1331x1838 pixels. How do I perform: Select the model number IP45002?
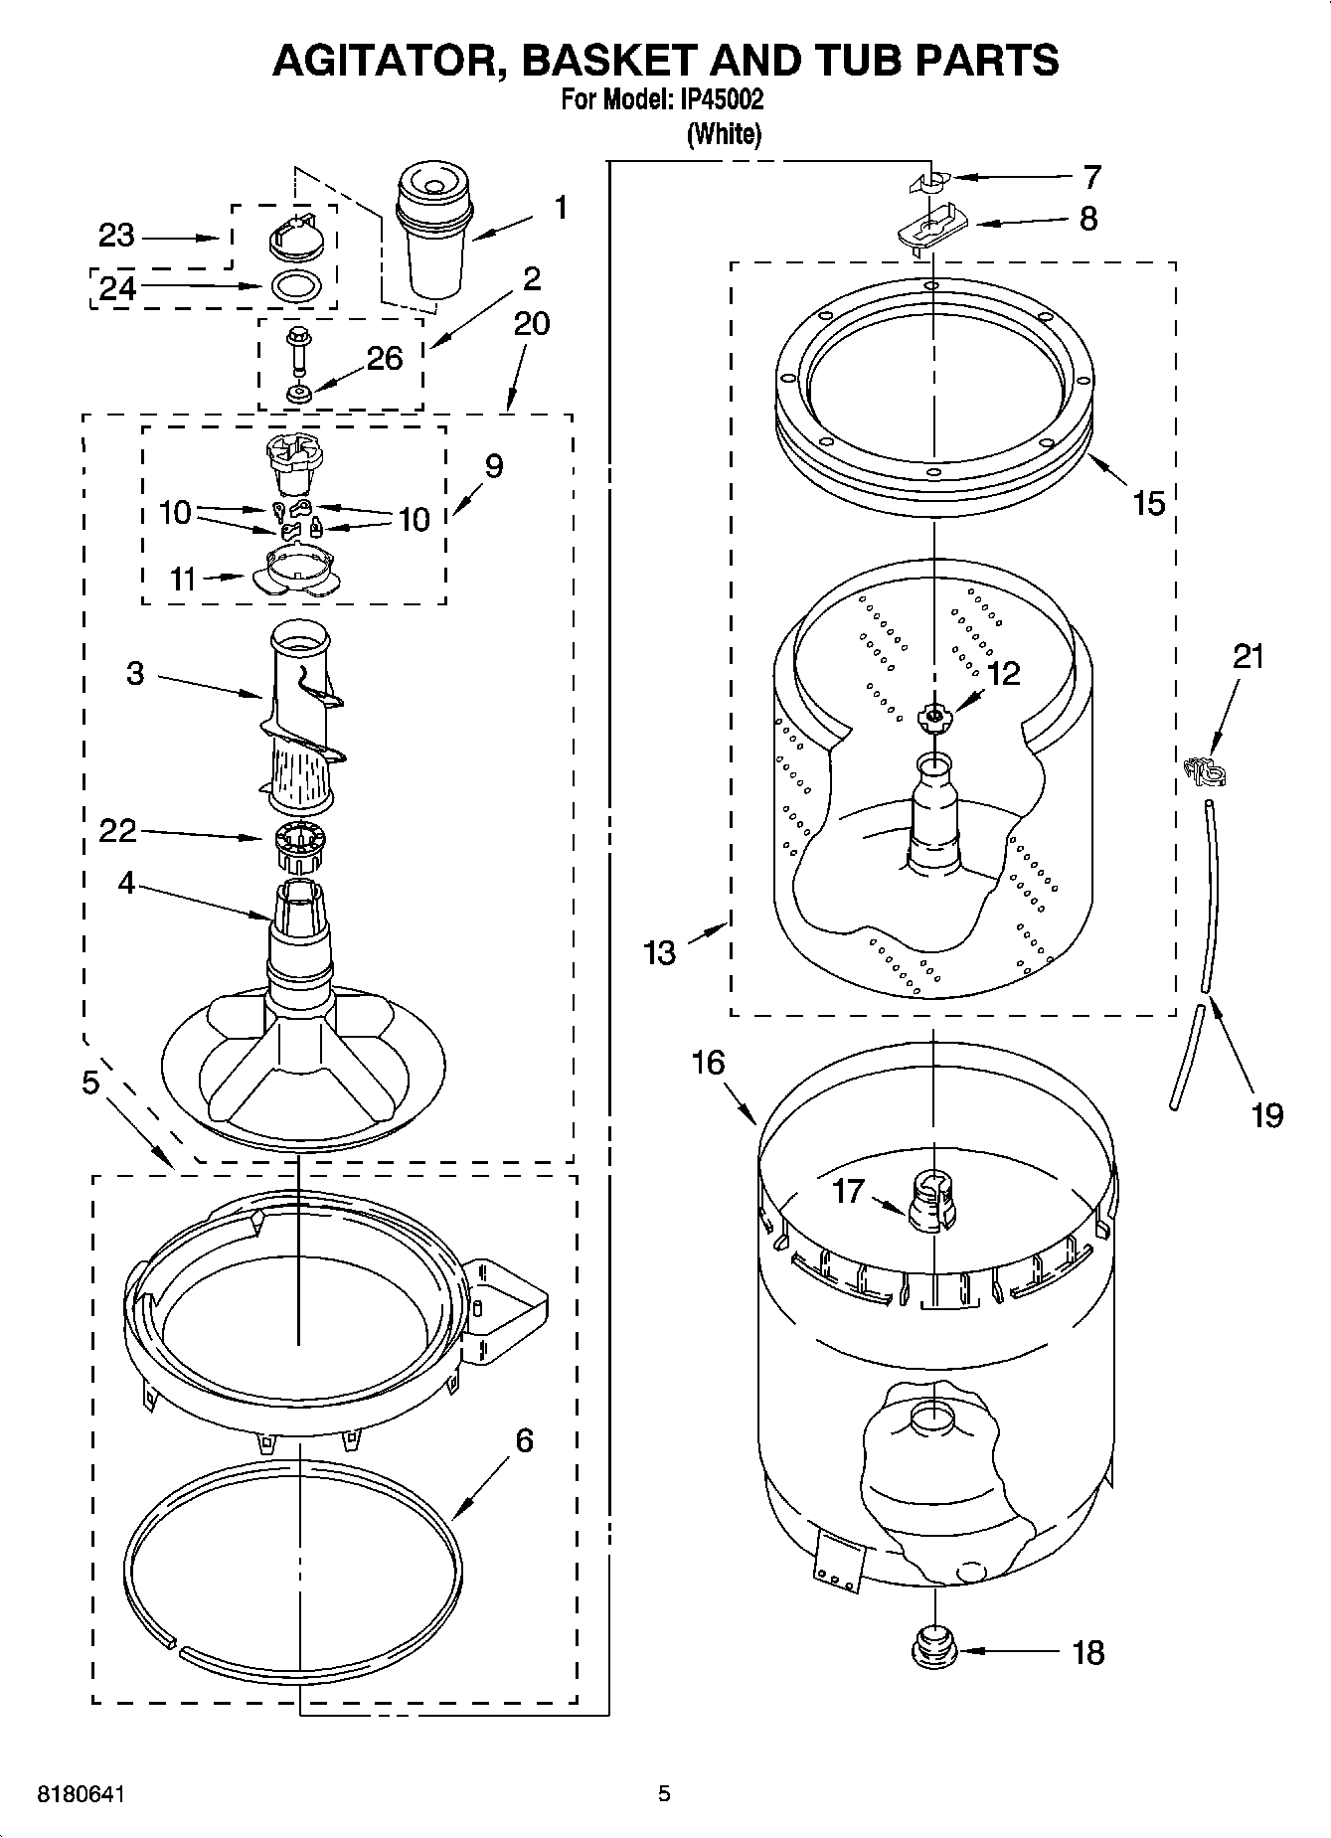click(721, 100)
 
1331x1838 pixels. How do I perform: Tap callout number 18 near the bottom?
click(1088, 1653)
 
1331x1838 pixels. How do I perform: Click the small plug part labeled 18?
click(933, 1650)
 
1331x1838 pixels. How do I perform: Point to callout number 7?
click(1091, 178)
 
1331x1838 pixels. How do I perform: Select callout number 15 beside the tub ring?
click(1148, 503)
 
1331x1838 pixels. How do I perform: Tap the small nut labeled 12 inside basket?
click(933, 716)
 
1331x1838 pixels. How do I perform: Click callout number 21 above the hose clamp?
click(1248, 657)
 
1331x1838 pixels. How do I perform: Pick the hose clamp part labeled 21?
click(1204, 771)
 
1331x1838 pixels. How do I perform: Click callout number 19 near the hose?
click(1266, 1115)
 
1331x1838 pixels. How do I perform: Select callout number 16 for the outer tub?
click(708, 1063)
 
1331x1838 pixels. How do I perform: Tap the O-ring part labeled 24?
click(295, 286)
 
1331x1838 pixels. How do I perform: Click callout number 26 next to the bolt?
click(384, 359)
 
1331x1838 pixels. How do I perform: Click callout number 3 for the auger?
click(135, 674)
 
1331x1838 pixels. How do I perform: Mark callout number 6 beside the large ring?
click(524, 1440)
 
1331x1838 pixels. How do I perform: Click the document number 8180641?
click(82, 1793)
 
